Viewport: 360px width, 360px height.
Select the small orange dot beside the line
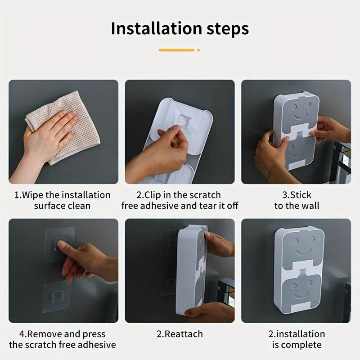coord(198,50)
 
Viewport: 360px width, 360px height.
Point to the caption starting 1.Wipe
coord(62,200)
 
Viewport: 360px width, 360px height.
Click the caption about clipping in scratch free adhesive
coord(180,200)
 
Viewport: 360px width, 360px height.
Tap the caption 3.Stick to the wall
coord(297,200)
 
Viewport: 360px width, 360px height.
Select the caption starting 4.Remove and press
coord(62,339)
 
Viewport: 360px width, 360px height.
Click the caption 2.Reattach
coord(180,334)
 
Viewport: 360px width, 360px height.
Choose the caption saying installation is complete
coord(297,339)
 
